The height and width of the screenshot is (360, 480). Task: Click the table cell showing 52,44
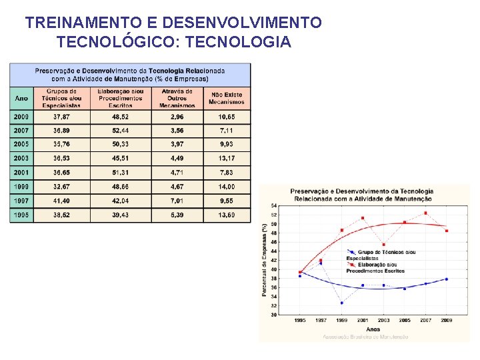121,131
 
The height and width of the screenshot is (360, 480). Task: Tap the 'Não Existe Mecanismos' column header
226,98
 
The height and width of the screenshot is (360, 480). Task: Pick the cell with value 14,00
226,187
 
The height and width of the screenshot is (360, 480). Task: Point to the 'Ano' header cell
21,98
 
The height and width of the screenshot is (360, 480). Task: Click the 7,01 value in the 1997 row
177,201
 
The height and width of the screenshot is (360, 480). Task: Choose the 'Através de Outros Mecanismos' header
177,98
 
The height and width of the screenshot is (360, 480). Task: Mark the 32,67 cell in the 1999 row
63,187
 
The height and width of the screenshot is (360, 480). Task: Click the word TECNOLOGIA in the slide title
239,43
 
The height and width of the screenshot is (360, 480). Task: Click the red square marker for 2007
425,213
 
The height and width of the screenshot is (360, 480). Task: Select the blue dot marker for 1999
342,303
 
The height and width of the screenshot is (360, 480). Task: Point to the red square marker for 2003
383,245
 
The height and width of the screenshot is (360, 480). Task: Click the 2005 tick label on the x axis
404,321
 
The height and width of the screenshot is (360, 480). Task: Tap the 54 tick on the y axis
274,206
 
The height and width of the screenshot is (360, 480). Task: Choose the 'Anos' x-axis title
373,329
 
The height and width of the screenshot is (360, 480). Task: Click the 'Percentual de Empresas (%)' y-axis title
265,260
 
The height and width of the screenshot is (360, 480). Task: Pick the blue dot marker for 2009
447,279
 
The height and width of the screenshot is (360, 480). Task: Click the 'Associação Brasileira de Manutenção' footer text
365,337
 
